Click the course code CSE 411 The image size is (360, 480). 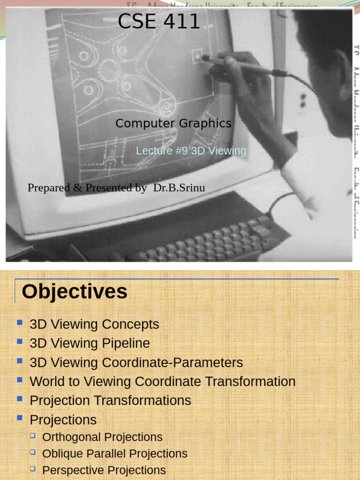(x=159, y=22)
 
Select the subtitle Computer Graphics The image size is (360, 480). (x=173, y=123)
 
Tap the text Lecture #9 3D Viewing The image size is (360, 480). (x=191, y=150)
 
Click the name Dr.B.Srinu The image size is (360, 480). (x=179, y=187)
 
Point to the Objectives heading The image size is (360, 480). (x=75, y=291)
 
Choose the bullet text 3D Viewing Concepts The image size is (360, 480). (x=94, y=324)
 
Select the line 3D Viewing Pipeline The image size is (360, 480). (x=90, y=343)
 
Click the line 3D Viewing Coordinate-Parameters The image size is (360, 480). (x=136, y=362)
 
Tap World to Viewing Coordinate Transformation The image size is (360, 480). (x=162, y=382)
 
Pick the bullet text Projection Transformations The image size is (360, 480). (x=110, y=400)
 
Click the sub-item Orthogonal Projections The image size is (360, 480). (x=102, y=437)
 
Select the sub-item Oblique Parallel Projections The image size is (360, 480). (x=114, y=454)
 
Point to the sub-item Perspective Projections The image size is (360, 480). (x=104, y=470)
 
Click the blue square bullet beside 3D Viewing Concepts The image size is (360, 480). (x=20, y=322)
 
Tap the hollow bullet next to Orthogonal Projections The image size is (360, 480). (x=33, y=436)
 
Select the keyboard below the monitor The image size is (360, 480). (x=206, y=241)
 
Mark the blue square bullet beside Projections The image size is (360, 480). (x=20, y=418)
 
